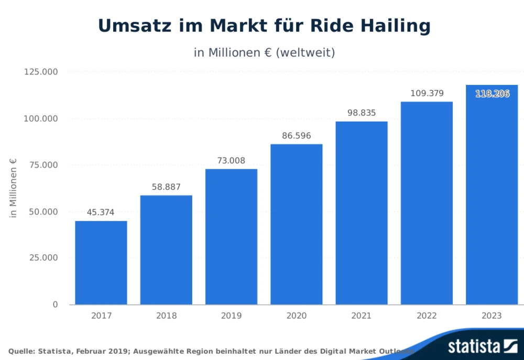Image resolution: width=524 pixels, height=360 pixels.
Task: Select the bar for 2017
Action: coord(101,263)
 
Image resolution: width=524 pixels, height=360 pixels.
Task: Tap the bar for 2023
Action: coord(492,194)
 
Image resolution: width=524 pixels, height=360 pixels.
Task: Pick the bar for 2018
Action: coord(166,250)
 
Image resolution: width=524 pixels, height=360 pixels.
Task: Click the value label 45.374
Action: coord(101,212)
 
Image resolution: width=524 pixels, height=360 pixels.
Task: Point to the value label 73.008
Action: coord(231,160)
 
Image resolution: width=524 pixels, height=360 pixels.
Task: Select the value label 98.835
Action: coord(362,113)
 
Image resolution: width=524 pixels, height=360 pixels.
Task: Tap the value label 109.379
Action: coord(427,93)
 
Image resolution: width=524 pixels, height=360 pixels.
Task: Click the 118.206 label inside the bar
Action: coord(492,94)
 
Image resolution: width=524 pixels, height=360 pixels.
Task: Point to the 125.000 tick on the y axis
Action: coord(41,72)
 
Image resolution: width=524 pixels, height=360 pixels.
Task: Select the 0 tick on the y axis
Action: coord(55,304)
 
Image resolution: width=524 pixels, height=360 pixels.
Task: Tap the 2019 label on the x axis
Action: coord(231,316)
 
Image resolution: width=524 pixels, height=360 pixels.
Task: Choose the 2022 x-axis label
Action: coord(427,316)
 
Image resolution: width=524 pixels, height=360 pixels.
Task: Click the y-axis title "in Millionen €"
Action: coord(14,188)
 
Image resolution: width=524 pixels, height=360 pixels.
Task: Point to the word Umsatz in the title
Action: coord(131,26)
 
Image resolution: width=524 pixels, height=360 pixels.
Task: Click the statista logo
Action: coord(482,346)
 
